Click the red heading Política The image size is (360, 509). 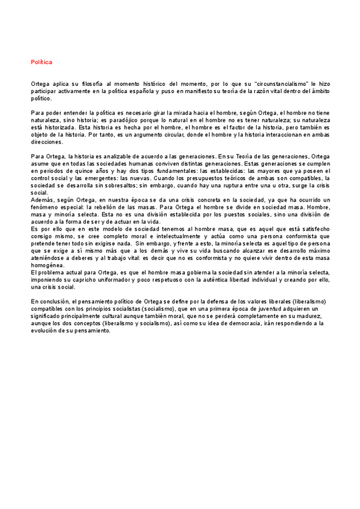(41, 62)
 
